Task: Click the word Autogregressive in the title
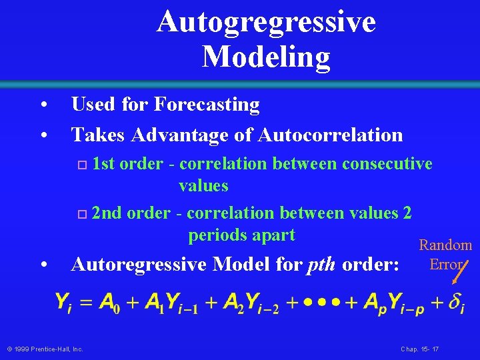[266, 22]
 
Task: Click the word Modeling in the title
[266, 56]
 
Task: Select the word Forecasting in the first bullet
[207, 105]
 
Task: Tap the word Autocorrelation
[330, 135]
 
